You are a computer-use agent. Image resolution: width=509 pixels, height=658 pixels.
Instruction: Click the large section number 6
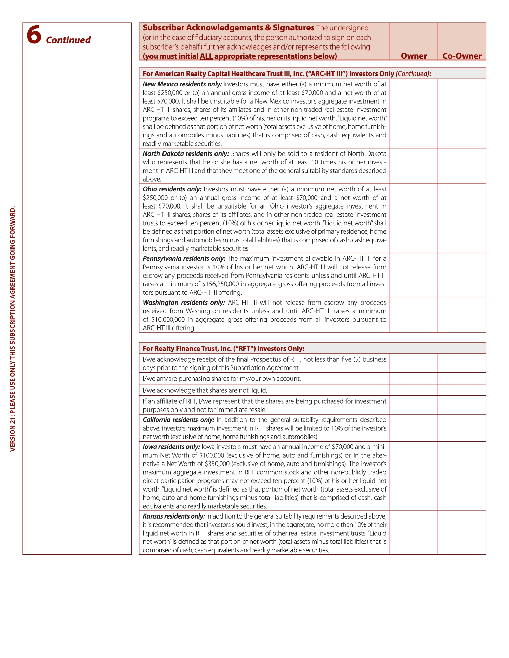(x=34, y=35)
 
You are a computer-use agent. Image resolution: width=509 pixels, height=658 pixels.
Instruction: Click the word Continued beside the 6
(x=68, y=40)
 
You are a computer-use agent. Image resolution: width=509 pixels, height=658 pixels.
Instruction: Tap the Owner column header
(x=414, y=56)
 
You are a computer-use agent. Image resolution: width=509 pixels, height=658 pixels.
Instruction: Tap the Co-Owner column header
(x=462, y=56)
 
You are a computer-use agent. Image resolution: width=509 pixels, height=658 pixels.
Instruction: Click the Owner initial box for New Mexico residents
(x=414, y=113)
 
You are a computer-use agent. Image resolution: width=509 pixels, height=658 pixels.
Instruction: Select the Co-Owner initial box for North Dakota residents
(x=462, y=166)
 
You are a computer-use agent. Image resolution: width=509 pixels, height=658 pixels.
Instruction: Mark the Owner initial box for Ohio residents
(x=414, y=218)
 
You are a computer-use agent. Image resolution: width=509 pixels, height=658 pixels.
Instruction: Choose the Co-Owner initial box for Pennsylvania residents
(x=462, y=275)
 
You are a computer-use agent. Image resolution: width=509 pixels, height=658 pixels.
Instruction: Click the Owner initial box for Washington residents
(x=414, y=315)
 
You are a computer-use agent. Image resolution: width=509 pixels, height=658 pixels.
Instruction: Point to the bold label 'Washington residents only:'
(x=184, y=303)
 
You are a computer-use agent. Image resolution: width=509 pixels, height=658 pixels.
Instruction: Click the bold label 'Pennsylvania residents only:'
(x=184, y=259)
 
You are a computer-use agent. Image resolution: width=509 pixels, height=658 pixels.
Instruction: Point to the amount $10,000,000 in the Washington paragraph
(x=168, y=320)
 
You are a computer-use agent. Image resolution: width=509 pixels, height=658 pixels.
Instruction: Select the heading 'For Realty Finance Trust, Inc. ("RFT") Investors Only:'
(x=223, y=349)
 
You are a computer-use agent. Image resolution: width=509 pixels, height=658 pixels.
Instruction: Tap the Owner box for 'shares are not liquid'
(x=414, y=390)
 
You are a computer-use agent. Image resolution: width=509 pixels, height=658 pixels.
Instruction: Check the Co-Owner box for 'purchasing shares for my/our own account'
(x=462, y=378)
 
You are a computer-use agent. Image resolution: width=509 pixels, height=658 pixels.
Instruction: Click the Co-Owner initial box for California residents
(x=462, y=428)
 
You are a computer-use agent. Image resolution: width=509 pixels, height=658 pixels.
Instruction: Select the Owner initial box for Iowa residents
(x=414, y=476)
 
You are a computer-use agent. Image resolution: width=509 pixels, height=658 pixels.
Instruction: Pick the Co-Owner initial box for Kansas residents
(x=462, y=533)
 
